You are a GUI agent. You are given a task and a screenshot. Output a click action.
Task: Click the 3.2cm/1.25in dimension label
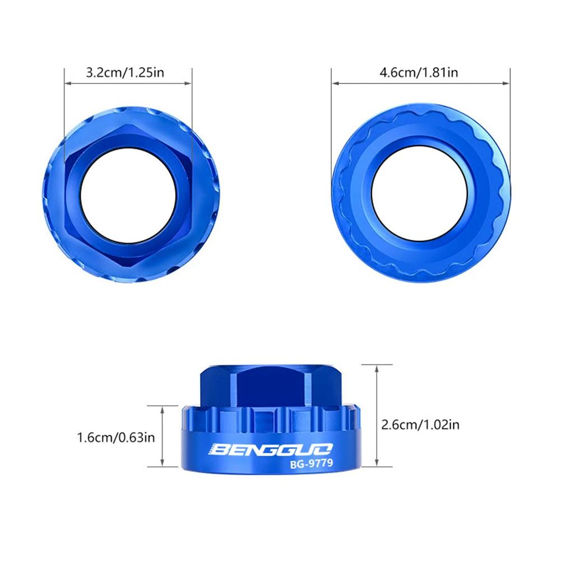pyautogui.click(x=124, y=72)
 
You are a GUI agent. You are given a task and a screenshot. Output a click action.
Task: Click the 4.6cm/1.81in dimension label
pyautogui.click(x=419, y=72)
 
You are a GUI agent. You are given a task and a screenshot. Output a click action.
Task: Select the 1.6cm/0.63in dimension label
pyautogui.click(x=116, y=437)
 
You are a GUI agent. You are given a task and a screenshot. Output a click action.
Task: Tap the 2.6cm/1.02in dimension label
pyautogui.click(x=420, y=425)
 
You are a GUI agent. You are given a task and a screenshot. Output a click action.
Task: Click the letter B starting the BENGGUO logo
pyautogui.click(x=217, y=449)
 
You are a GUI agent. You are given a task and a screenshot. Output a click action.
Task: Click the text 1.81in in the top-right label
pyautogui.click(x=441, y=72)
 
